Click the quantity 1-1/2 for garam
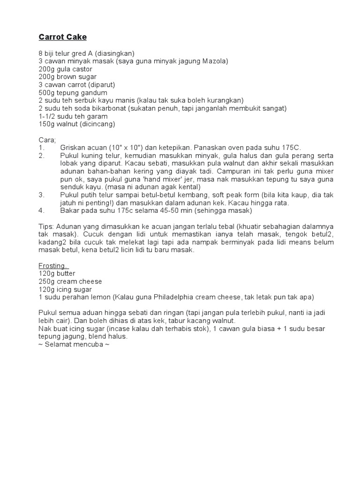[47, 116]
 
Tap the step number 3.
[41, 195]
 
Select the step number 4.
[41, 211]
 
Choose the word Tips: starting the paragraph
[47, 226]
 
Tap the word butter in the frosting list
[66, 274]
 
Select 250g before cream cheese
[47, 281]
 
